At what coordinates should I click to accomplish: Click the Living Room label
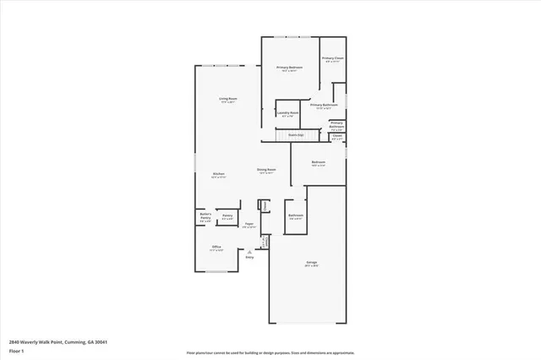pos(227,99)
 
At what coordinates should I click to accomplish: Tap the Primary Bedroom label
pos(290,67)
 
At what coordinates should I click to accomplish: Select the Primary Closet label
pos(332,58)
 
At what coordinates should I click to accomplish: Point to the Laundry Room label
pos(288,112)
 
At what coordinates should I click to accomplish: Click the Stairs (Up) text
pos(295,134)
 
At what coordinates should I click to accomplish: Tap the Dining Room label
pos(266,169)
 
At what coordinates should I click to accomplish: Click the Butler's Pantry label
pos(205,216)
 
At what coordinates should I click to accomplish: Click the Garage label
pos(311,263)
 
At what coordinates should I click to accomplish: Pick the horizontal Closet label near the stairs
pos(336,135)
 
